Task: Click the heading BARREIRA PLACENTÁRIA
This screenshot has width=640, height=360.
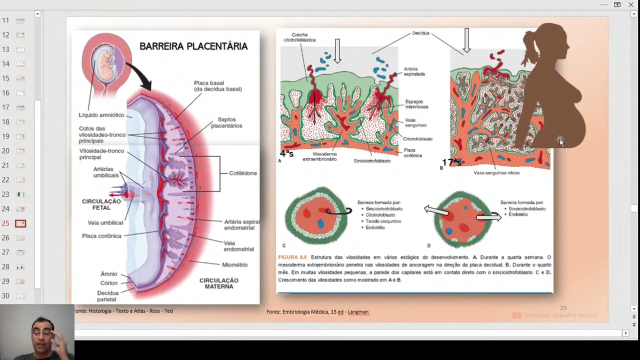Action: [x=193, y=46]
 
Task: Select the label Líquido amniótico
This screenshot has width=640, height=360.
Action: [x=101, y=115]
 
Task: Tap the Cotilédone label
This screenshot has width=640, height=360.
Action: [x=243, y=173]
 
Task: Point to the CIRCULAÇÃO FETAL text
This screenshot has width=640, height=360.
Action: [x=101, y=204]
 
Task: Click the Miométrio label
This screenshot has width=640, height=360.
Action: [x=234, y=264]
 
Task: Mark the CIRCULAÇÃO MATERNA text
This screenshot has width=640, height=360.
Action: [x=218, y=283]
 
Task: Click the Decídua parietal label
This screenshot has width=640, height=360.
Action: [x=108, y=296]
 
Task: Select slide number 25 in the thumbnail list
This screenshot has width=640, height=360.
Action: [x=20, y=223]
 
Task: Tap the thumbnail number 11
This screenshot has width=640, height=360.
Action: [x=20, y=20]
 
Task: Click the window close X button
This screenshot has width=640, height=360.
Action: [x=631, y=4]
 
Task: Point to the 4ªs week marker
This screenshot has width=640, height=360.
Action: [x=286, y=153]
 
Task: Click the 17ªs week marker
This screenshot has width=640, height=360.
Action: [x=451, y=162]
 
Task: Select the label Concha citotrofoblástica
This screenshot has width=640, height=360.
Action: [x=299, y=37]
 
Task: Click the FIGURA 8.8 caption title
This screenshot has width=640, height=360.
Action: [x=292, y=257]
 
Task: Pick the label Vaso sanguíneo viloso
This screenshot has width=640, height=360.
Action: [x=496, y=172]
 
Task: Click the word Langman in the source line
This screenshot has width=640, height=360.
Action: [x=358, y=312]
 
